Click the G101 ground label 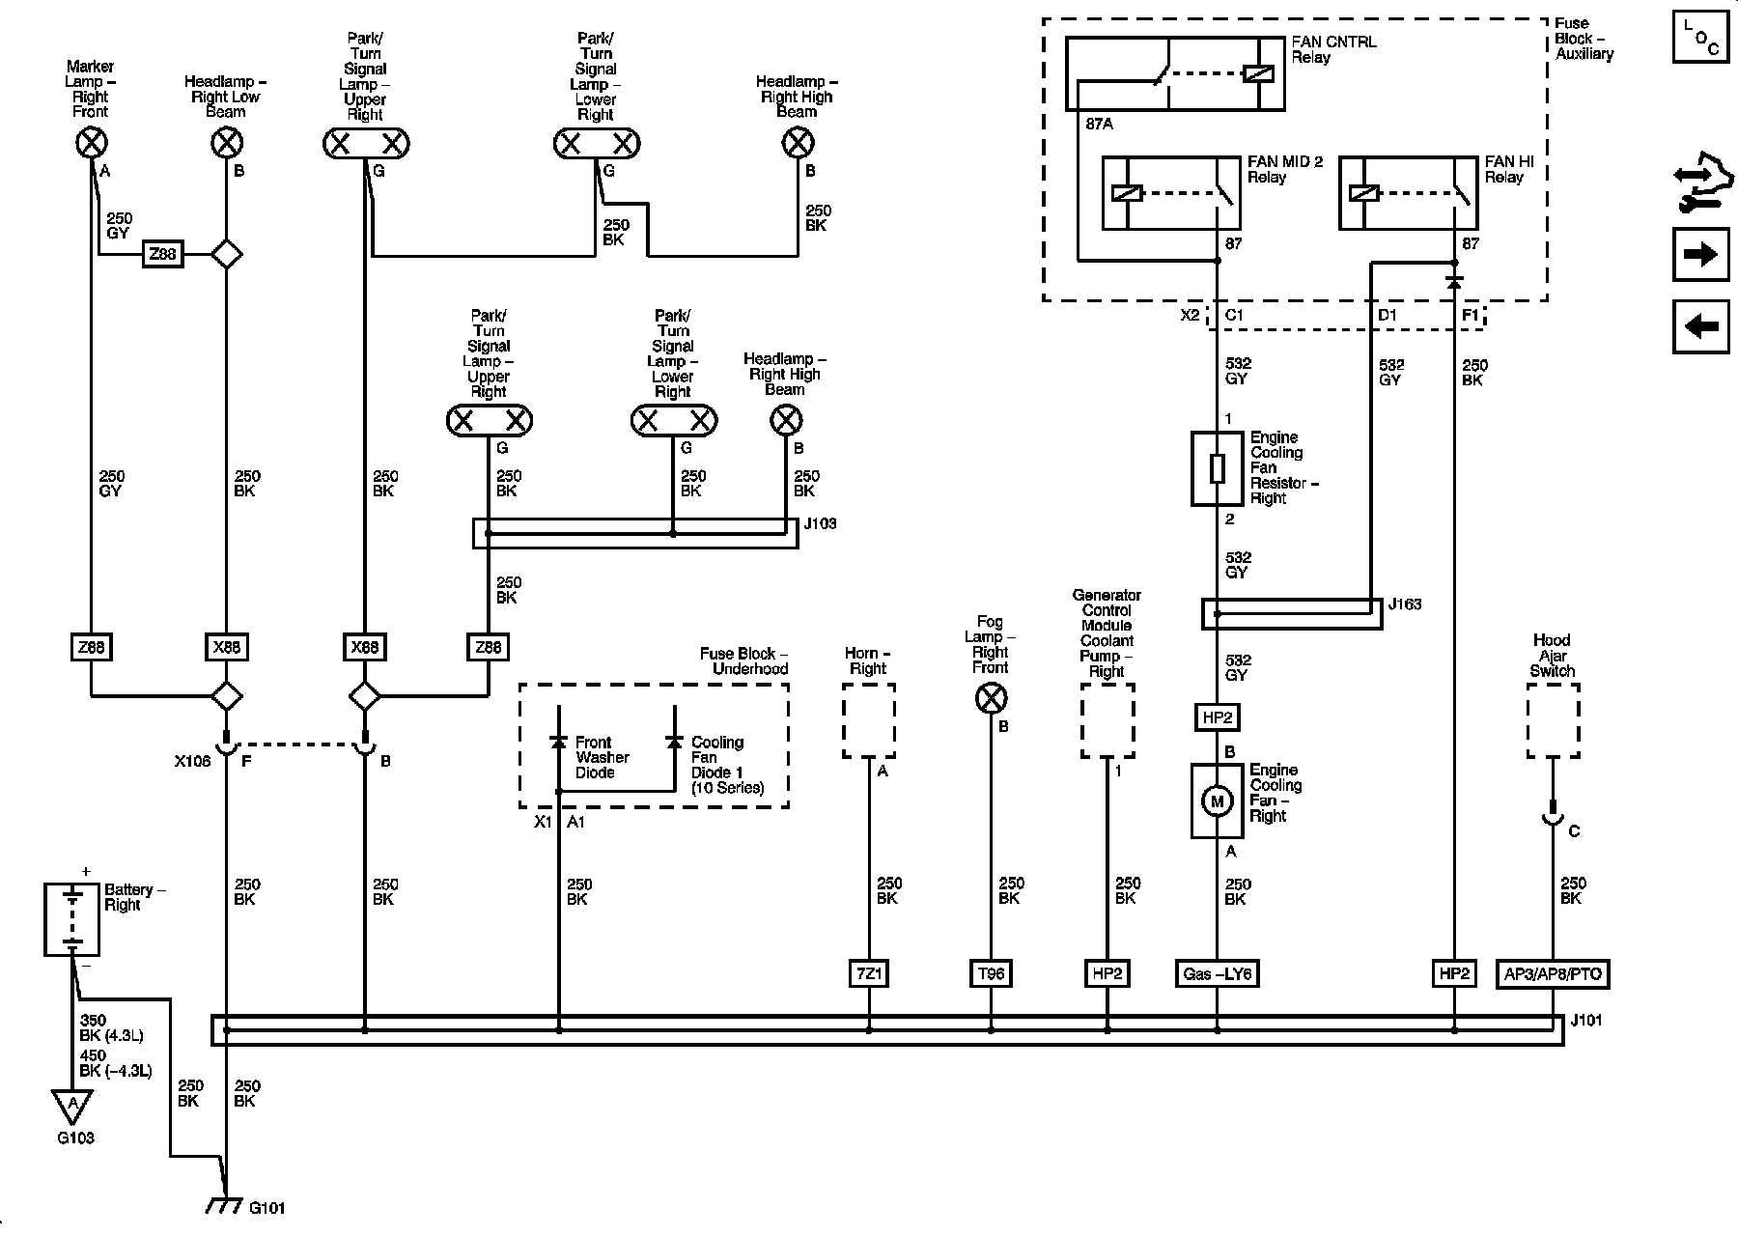[267, 1207]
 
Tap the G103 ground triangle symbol [72, 1104]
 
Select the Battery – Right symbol [71, 919]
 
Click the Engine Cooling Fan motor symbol [1217, 801]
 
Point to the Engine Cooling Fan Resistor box [1217, 468]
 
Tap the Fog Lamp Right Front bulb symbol [991, 698]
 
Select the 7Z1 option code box [869, 973]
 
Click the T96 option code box [991, 973]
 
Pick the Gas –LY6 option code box [1217, 973]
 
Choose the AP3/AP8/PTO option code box [1553, 973]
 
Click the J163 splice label [1405, 605]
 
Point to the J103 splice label [820, 524]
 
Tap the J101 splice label [1586, 1020]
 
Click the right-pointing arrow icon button [1700, 254]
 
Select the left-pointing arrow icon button [1700, 326]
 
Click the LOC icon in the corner [1700, 38]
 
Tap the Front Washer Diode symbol [558, 742]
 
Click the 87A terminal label [1100, 125]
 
